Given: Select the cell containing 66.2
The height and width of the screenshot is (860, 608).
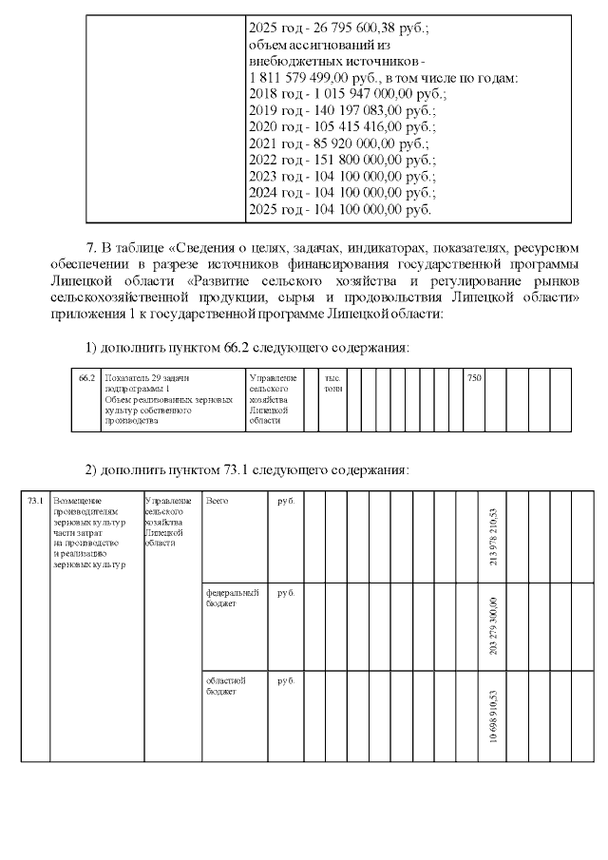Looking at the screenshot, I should (86, 378).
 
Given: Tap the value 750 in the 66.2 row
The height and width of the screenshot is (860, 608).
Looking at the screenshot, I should (474, 378).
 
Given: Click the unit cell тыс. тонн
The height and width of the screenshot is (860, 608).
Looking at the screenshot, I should (332, 383).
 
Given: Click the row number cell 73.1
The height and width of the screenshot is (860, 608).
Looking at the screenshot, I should (35, 500).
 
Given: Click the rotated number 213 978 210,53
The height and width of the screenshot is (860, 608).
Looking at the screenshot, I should (492, 538).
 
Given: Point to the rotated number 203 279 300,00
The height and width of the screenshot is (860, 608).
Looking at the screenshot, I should (492, 627).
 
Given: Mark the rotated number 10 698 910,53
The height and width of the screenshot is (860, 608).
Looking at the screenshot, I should (492, 721).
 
